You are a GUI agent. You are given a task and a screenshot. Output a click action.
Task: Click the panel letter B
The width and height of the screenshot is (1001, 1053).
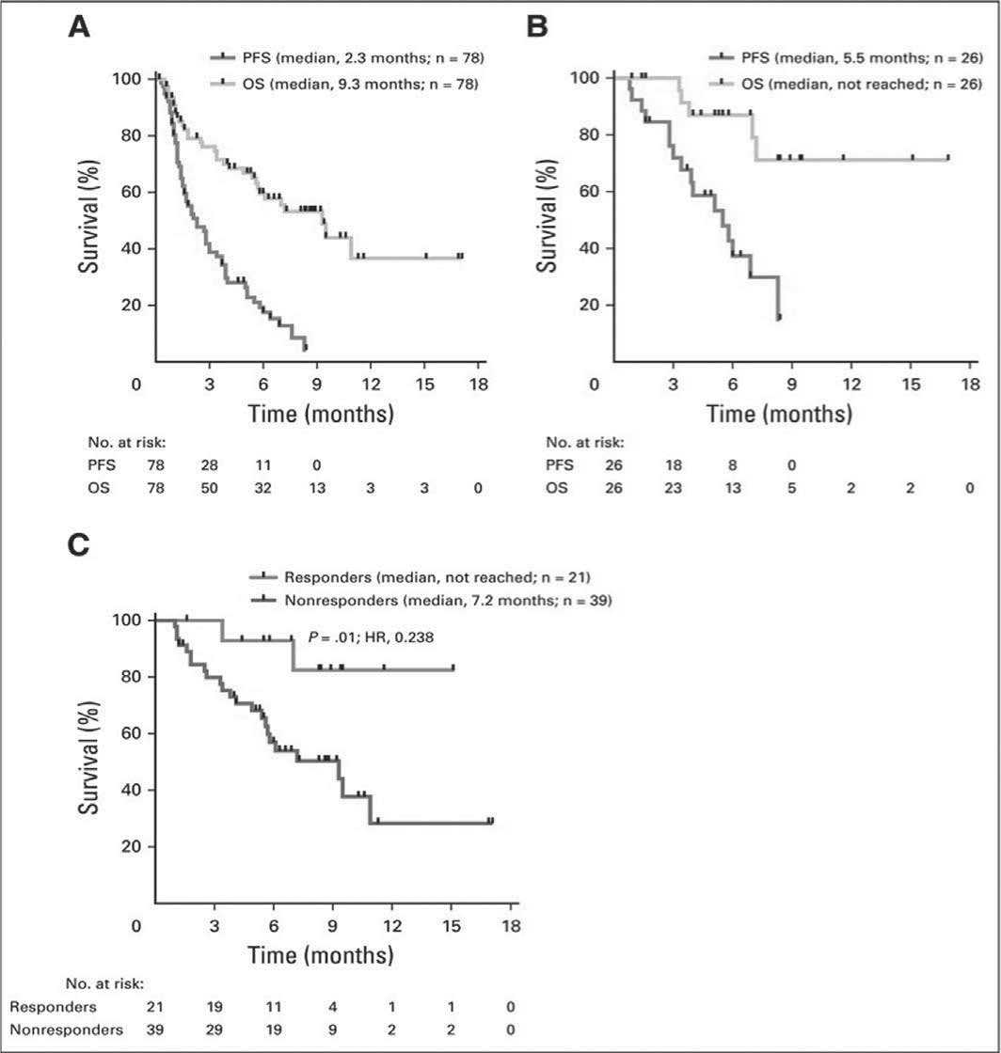click(x=536, y=26)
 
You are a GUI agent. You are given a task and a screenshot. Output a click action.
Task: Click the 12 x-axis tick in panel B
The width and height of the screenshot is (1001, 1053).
click(x=852, y=384)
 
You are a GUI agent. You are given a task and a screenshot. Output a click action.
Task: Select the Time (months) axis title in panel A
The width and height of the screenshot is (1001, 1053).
click(x=321, y=414)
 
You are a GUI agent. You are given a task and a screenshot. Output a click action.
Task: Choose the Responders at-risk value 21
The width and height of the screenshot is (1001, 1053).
click(x=155, y=1007)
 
